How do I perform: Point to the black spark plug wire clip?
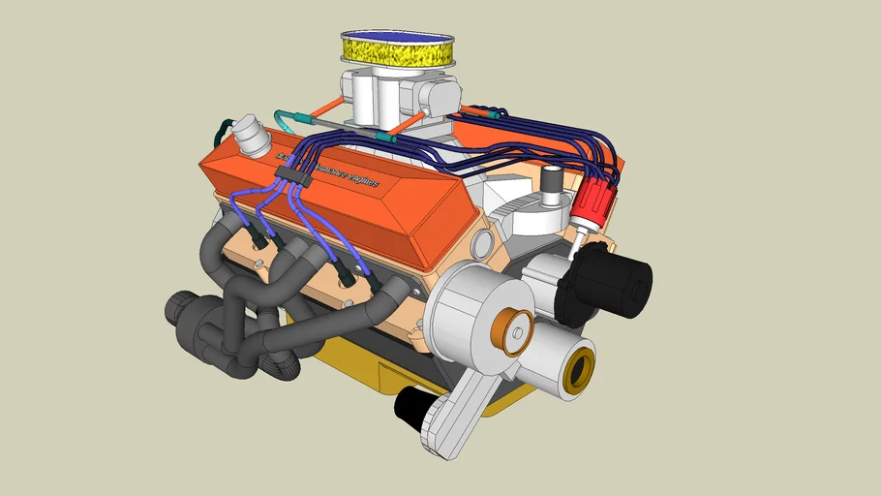coord(291,174)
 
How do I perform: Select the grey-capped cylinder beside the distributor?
coord(552,186)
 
